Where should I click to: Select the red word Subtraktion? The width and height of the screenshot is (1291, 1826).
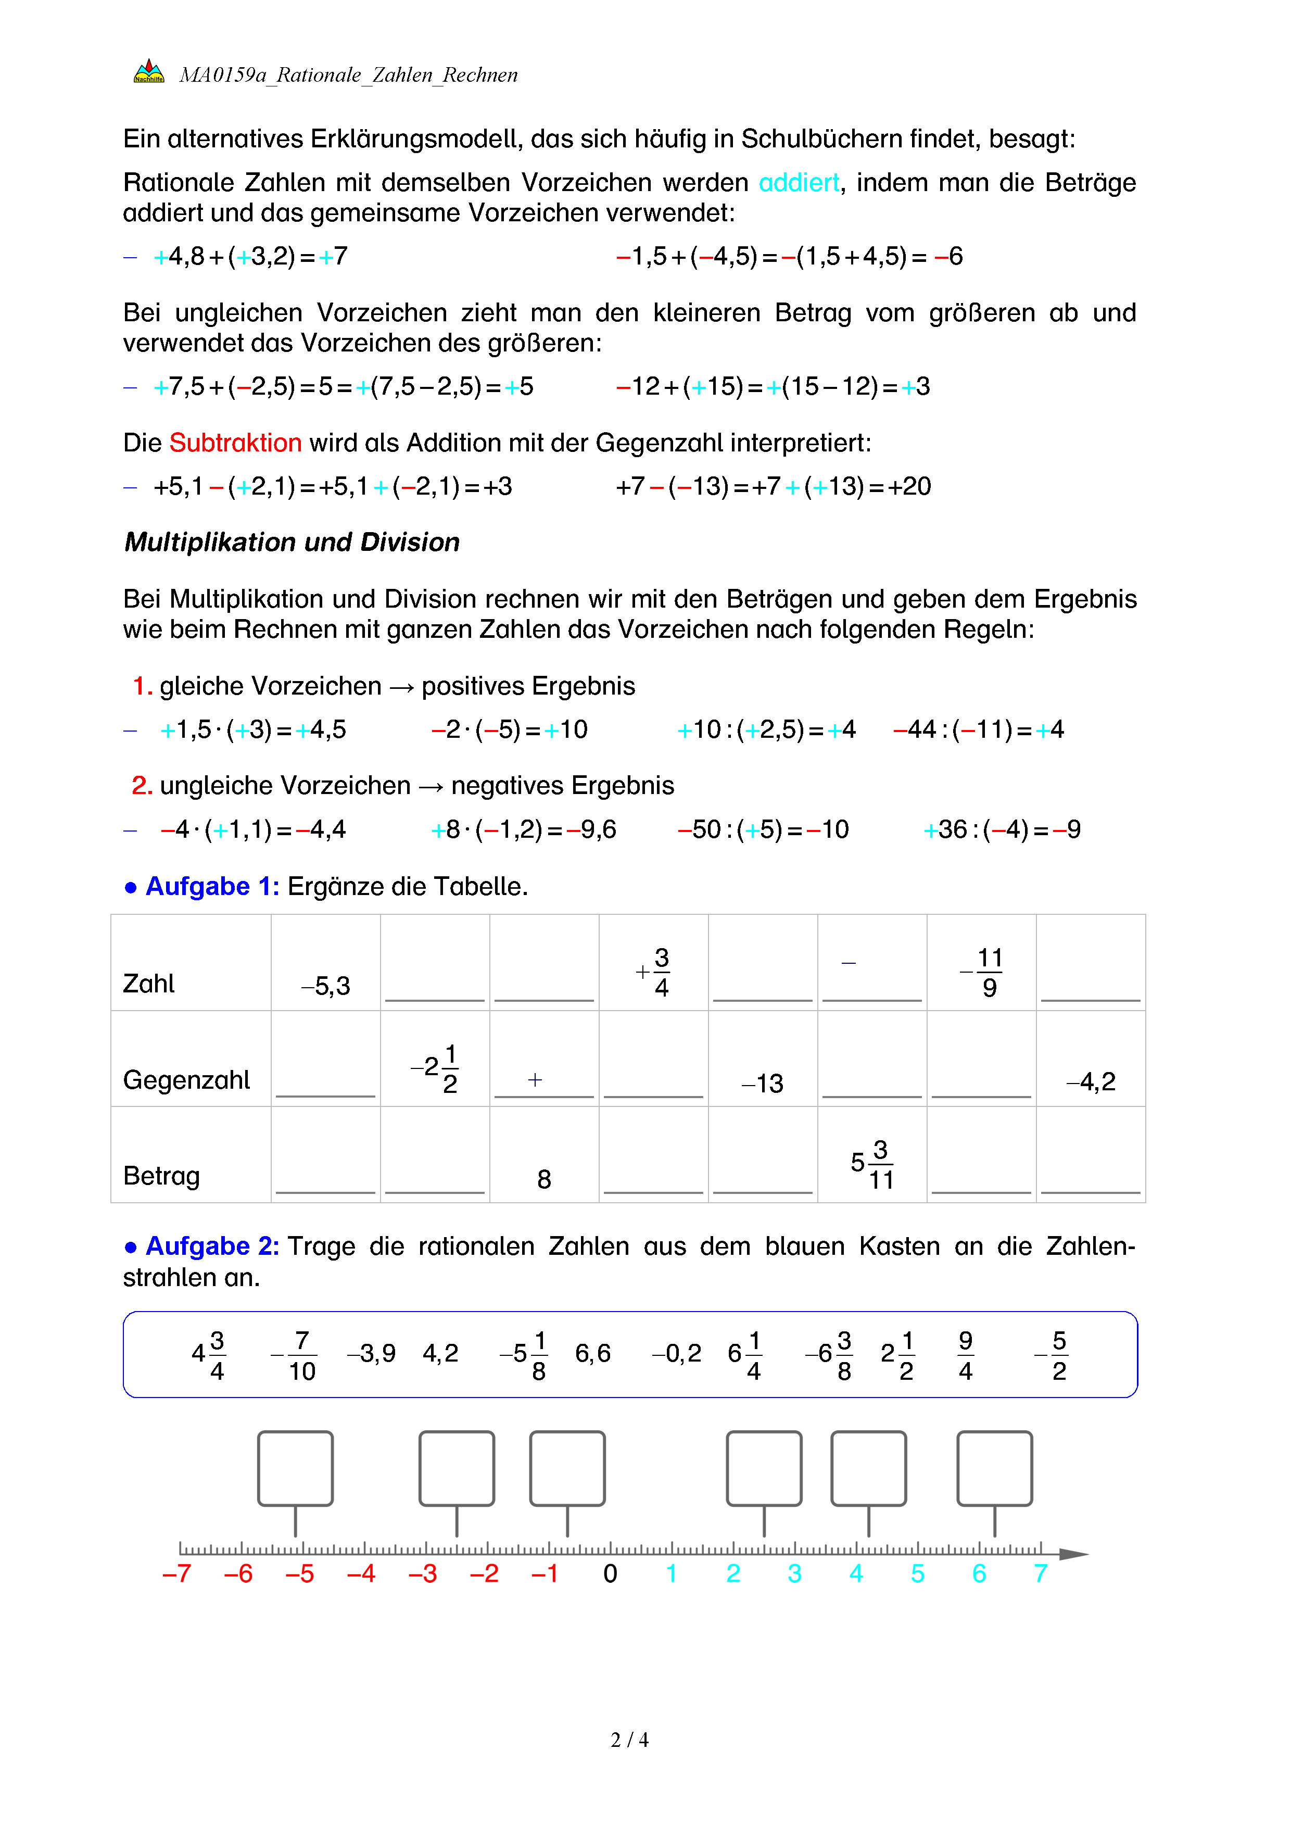(x=235, y=443)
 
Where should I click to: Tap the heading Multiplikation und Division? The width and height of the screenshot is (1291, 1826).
(x=292, y=543)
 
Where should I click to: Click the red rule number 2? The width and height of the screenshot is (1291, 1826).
(x=142, y=786)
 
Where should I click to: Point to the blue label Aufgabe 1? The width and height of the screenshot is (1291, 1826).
(x=211, y=887)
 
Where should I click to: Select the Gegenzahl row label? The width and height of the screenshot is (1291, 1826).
(x=186, y=1080)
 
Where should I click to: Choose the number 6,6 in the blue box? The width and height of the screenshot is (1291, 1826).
(x=592, y=1354)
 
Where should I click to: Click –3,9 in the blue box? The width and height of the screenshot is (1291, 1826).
(x=371, y=1354)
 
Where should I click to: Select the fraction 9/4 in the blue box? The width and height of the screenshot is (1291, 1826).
(x=965, y=1355)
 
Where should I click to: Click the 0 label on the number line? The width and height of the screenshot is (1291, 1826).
(x=610, y=1574)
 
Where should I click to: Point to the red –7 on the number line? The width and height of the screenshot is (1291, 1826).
(x=176, y=1574)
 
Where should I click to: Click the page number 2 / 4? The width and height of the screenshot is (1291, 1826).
(x=629, y=1740)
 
